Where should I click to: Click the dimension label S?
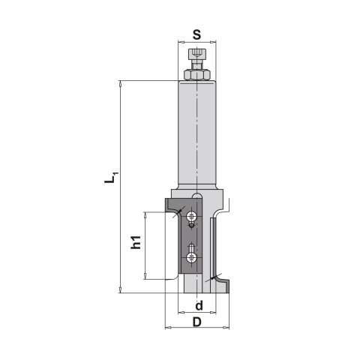click(197, 35)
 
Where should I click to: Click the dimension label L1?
click(109, 177)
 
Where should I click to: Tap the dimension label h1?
click(136, 242)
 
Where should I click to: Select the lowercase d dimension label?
click(199, 305)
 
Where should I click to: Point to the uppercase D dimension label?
click(197, 322)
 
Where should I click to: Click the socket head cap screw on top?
click(197, 59)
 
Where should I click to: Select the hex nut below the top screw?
click(197, 75)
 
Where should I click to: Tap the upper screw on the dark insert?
click(191, 216)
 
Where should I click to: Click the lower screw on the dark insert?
click(191, 258)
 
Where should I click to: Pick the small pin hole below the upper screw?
click(191, 226)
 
